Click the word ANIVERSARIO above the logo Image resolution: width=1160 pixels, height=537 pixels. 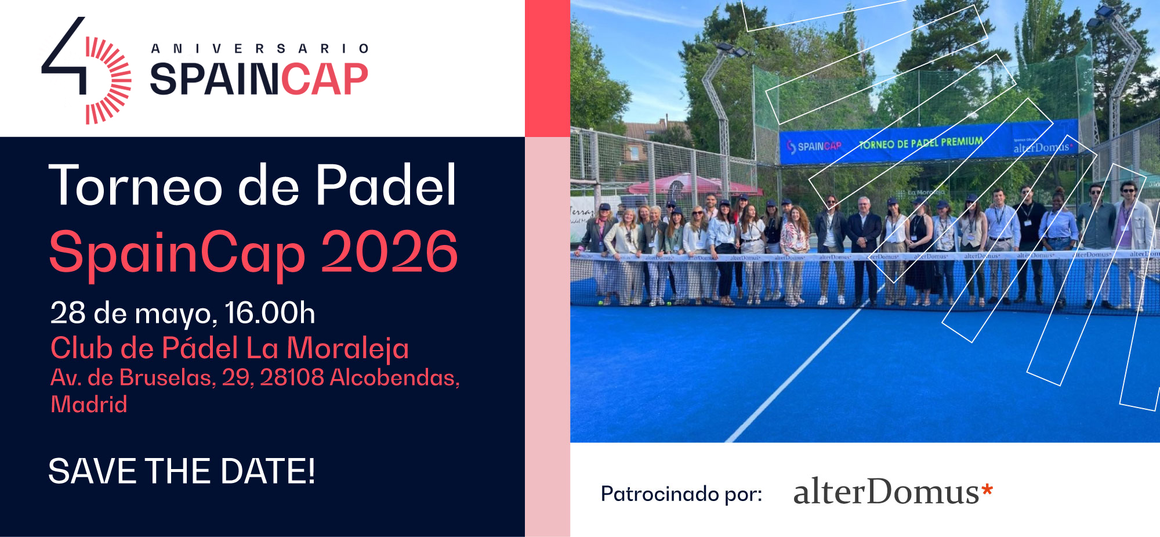pyautogui.click(x=260, y=49)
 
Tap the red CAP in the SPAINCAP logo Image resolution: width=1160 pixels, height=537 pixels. pyautogui.click(x=324, y=80)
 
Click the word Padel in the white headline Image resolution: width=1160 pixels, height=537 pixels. pyautogui.click(x=386, y=186)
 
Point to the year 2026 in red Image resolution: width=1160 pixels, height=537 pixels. pyautogui.click(x=389, y=252)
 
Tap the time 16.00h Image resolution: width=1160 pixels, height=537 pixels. pyautogui.click(x=270, y=313)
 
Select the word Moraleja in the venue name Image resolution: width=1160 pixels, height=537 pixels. pyautogui.click(x=348, y=348)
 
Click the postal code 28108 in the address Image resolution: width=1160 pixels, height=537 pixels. pyautogui.click(x=292, y=378)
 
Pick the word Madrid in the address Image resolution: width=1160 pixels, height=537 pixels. pyautogui.click(x=89, y=405)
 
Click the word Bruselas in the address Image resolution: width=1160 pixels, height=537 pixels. pyautogui.click(x=167, y=378)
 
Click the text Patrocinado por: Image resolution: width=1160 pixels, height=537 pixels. pyautogui.click(x=681, y=494)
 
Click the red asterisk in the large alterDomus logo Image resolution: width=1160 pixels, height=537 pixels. pyautogui.click(x=987, y=491)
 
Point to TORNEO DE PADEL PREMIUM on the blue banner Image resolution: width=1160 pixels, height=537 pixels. pyautogui.click(x=920, y=143)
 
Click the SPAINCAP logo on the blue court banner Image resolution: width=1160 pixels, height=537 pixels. pyautogui.click(x=814, y=146)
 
